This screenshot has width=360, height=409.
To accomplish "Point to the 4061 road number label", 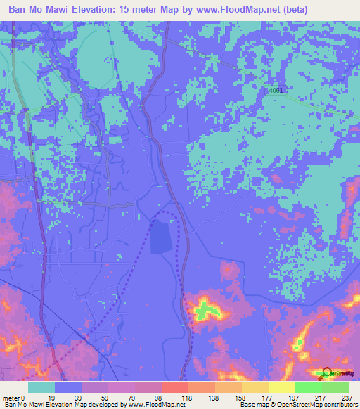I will [278, 91].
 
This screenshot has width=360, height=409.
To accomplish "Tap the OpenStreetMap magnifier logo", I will [325, 374].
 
